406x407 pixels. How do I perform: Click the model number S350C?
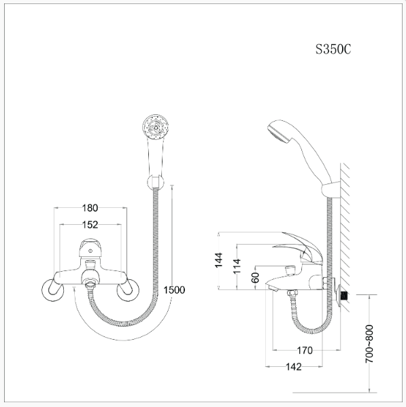333,49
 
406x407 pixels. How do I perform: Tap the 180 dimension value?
90,208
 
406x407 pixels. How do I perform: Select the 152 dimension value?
90,225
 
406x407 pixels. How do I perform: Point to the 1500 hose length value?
174,290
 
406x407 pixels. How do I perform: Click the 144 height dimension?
219,260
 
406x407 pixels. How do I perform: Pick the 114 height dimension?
237,266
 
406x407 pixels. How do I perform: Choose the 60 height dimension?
256,277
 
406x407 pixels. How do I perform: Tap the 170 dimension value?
305,351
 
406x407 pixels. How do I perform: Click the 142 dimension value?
294,367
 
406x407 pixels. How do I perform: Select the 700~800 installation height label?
369,344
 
